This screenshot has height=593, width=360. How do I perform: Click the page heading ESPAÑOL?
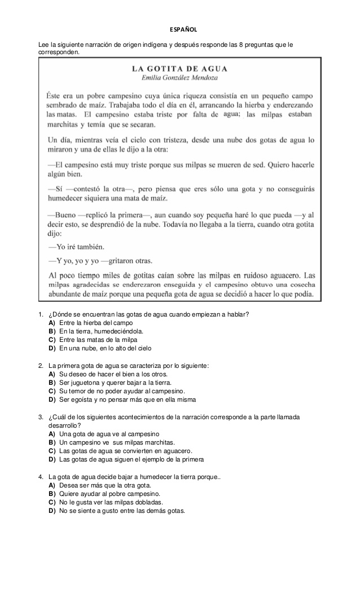(x=180, y=29)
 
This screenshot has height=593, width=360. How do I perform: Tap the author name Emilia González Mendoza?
(x=179, y=77)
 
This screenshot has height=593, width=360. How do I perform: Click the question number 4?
(x=41, y=477)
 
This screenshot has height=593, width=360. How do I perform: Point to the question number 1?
(x=41, y=314)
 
